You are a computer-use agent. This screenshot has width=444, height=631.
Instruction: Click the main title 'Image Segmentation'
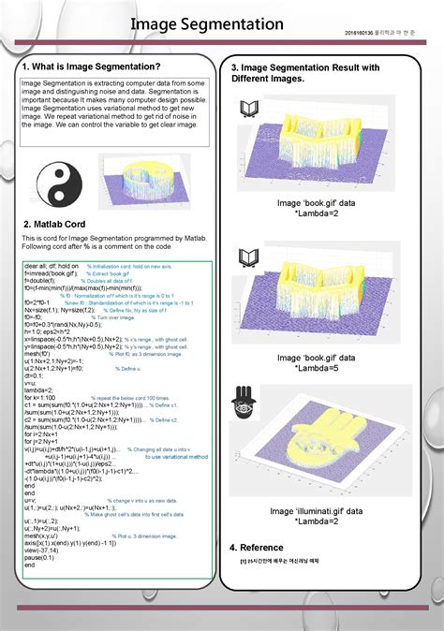(x=206, y=23)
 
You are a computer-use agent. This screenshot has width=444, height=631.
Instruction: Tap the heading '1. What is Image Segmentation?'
(x=91, y=66)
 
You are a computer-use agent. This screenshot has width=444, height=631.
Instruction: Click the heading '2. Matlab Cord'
(x=54, y=226)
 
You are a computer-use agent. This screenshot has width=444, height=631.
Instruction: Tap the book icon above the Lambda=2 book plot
(x=249, y=110)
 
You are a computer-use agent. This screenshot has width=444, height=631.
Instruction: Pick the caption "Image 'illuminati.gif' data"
(x=314, y=511)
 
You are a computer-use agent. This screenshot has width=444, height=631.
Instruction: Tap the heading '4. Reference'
(x=257, y=547)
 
